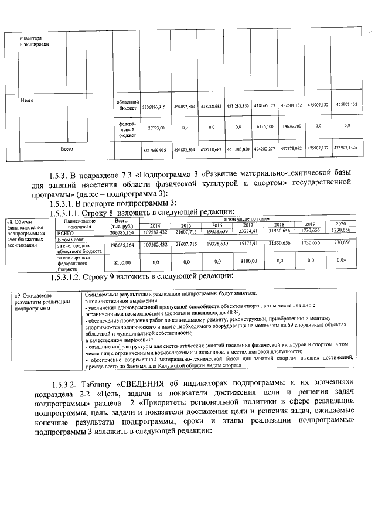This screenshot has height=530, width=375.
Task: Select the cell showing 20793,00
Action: coord(156,127)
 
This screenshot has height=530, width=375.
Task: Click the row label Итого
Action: coord(27,101)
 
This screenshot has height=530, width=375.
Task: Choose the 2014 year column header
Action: coord(155,225)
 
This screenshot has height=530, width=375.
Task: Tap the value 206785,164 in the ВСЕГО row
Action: coord(122,232)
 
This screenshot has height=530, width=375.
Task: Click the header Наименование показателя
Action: coord(80,223)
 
